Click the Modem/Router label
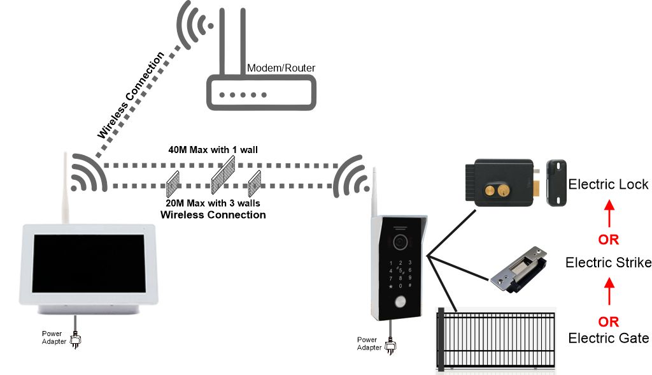(281, 68)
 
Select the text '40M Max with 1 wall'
(213, 150)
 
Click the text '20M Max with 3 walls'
(213, 203)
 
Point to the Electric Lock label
(608, 184)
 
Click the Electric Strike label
(608, 263)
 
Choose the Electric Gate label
(608, 338)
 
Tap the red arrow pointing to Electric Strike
(609, 291)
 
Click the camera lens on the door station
(400, 242)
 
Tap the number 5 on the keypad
(400, 270)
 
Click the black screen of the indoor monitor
(89, 263)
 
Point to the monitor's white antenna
(65, 188)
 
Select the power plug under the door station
(390, 346)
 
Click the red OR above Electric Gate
(608, 321)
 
